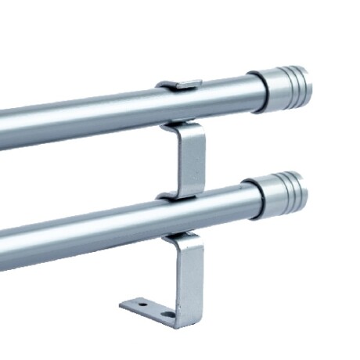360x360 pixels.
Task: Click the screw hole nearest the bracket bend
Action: point(166,315)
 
